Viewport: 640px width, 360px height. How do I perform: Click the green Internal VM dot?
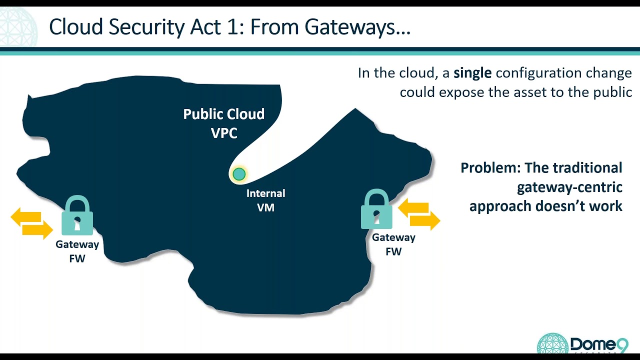[239, 174]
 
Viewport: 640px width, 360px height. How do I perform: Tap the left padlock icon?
[77, 216]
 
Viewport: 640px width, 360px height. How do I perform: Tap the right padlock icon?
[376, 209]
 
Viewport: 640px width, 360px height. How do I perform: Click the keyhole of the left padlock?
[77, 223]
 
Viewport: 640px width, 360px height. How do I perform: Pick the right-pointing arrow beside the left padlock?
[38, 229]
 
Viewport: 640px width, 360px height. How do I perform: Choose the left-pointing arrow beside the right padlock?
[413, 207]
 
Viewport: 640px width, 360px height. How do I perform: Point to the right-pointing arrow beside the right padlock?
[425, 219]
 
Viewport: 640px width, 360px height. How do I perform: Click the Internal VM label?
[265, 200]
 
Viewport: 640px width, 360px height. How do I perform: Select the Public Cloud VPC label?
[223, 123]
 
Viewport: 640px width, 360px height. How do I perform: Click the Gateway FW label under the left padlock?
[77, 251]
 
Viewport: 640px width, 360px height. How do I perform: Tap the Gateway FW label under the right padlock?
[393, 244]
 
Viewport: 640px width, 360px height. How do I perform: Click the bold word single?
[472, 73]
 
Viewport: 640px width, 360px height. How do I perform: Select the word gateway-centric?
[569, 187]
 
